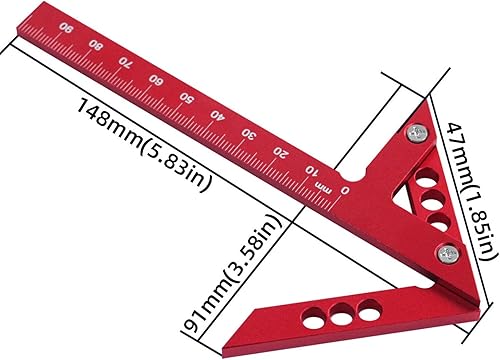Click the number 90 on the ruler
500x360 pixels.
pyautogui.click(x=66, y=27)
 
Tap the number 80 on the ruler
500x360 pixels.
pyautogui.click(x=96, y=45)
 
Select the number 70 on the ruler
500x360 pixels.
pyautogui.click(x=126, y=62)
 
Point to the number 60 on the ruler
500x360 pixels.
pyautogui.click(x=156, y=80)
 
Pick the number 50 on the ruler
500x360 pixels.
pyautogui.click(x=187, y=98)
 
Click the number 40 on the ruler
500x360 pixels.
pyautogui.click(x=218, y=115)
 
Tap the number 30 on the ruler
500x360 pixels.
pyautogui.click(x=249, y=133)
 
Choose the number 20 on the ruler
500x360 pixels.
pyautogui.click(x=280, y=152)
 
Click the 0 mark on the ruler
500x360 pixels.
pyautogui.click(x=345, y=190)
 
